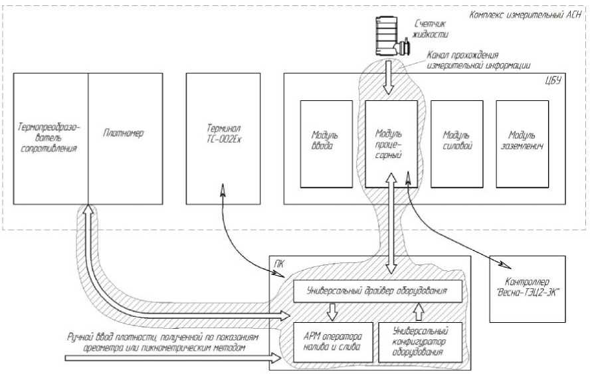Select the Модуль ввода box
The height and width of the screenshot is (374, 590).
[x=326, y=143]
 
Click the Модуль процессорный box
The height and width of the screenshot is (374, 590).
[x=391, y=143]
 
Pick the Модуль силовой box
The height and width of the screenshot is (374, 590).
[x=457, y=143]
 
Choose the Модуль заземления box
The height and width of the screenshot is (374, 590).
[x=522, y=143]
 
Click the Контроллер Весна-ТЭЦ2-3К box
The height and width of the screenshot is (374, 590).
[x=528, y=289]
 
